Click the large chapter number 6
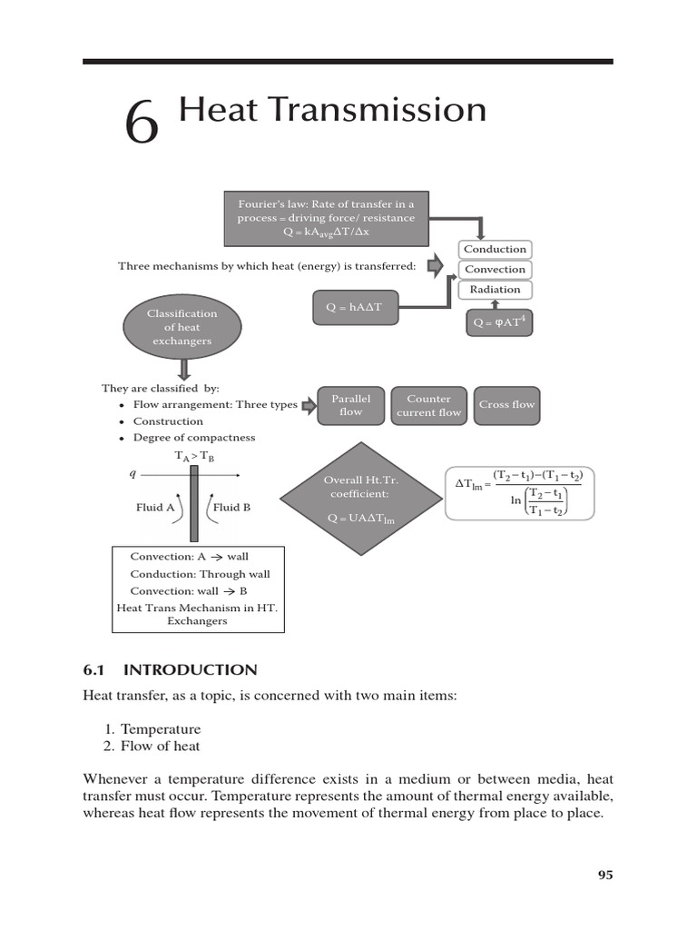[x=142, y=123]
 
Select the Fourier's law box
[x=326, y=218]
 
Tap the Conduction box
[x=495, y=250]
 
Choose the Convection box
[x=495, y=270]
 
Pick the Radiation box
[x=495, y=290]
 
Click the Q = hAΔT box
[x=354, y=308]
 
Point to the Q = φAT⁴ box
[x=500, y=322]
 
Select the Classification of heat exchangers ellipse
[x=182, y=327]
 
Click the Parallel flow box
[x=350, y=405]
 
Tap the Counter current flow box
[x=428, y=405]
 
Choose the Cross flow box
[x=506, y=405]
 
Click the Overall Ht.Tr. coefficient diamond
[x=361, y=499]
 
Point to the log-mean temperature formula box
[x=519, y=493]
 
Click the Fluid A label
[x=155, y=508]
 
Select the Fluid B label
[x=231, y=508]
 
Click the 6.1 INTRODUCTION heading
[x=170, y=670]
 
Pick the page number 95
[x=605, y=875]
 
